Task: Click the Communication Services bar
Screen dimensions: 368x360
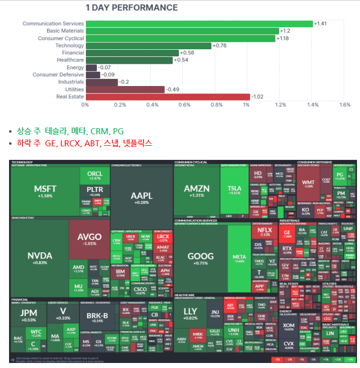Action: [199, 24]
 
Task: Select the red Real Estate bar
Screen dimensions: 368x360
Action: [168, 97]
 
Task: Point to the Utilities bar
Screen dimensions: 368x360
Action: [125, 89]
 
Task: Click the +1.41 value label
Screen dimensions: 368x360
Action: [320, 24]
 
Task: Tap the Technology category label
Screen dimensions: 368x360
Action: [69, 46]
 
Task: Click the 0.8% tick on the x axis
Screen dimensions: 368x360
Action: [216, 105]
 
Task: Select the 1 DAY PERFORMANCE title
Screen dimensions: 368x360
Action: [132, 8]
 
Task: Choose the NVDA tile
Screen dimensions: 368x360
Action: [40, 257]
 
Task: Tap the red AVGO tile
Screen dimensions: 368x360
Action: [89, 238]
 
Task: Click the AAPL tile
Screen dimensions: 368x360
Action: [141, 197]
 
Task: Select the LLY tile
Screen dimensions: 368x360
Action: [190, 314]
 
